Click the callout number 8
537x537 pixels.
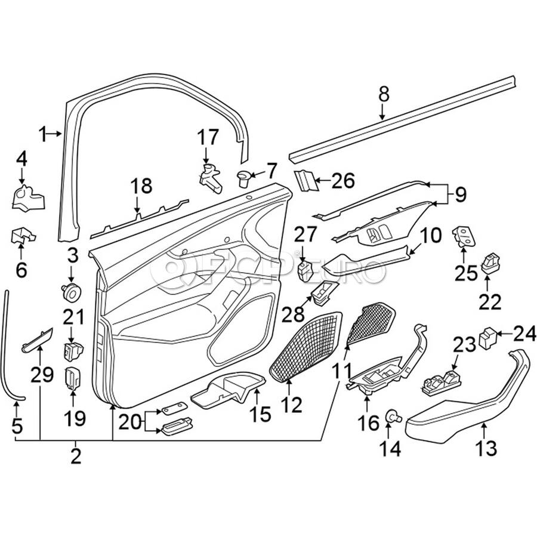[x=384, y=94]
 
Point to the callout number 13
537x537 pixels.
[x=487, y=447]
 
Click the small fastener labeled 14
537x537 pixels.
[x=393, y=415]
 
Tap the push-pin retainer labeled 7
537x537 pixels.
[x=245, y=177]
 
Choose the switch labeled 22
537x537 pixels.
[x=492, y=264]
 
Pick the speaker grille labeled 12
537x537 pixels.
[x=307, y=346]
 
